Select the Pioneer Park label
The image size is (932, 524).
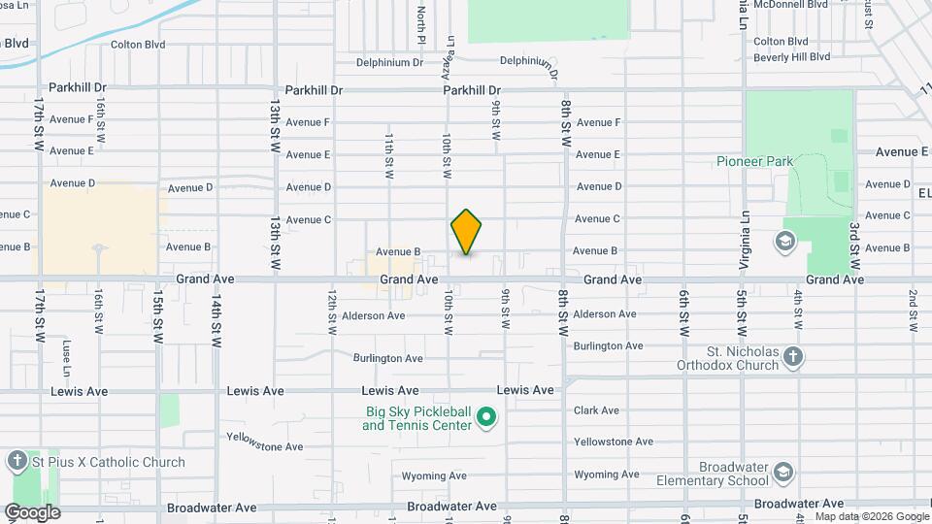(x=754, y=161)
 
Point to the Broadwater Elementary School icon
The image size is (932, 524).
(x=783, y=472)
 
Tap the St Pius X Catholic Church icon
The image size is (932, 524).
(x=17, y=462)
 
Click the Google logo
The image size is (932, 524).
(x=32, y=511)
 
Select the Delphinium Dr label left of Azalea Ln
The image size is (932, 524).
(x=390, y=63)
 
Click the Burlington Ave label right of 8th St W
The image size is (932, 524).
(x=608, y=345)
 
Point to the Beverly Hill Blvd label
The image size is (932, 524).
(x=791, y=57)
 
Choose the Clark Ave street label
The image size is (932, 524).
(x=596, y=410)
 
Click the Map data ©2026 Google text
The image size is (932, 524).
(x=871, y=516)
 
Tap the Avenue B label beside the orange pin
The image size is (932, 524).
(x=398, y=251)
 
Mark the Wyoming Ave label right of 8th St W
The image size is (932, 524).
(x=606, y=475)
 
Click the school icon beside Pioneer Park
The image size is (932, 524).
(x=784, y=240)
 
